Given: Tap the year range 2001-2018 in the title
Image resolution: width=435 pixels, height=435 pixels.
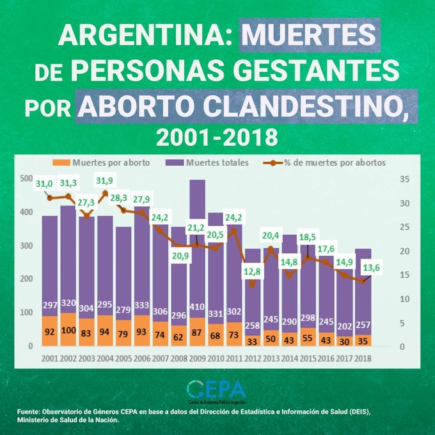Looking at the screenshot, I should [217, 136].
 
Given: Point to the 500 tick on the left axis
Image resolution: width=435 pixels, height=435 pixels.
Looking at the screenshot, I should [25, 178].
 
